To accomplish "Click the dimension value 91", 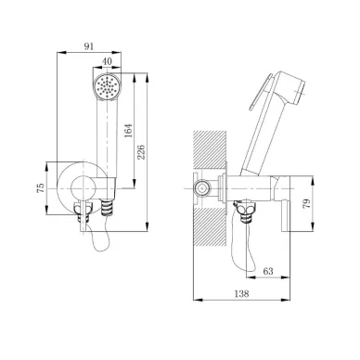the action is (89, 46).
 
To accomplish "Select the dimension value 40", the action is (107, 61).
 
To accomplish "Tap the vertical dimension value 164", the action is (128, 130).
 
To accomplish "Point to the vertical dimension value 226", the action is (141, 151).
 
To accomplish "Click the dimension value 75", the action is (41, 188).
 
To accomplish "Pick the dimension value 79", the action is (306, 203).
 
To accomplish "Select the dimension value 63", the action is (268, 271).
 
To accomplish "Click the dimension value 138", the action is (241, 293).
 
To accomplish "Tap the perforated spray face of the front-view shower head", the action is (106, 86).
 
